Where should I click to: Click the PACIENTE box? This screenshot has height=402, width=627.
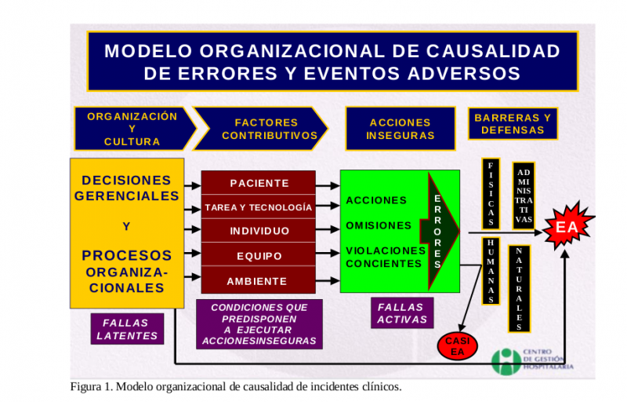pyautogui.click(x=259, y=183)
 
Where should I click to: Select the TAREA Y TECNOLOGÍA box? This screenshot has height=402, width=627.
pyautogui.click(x=259, y=207)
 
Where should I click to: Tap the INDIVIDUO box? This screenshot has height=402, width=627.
pyautogui.click(x=259, y=231)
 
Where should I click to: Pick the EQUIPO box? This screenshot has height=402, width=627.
pyautogui.click(x=259, y=256)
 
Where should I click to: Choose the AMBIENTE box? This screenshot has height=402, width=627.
pyautogui.click(x=259, y=280)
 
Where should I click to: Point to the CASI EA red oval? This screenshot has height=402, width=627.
pyautogui.click(x=456, y=346)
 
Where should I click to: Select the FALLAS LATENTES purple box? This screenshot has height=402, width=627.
pyautogui.click(x=127, y=329)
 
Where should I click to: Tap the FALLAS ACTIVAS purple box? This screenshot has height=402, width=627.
pyautogui.click(x=401, y=313)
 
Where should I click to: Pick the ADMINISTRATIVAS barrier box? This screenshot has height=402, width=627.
pyautogui.click(x=524, y=196)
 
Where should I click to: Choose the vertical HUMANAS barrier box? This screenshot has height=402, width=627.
pyautogui.click(x=491, y=270)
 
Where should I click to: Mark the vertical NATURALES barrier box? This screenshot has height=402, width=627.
pyautogui.click(x=519, y=288)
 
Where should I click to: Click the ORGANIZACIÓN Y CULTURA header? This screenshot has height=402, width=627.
pyautogui.click(x=132, y=128)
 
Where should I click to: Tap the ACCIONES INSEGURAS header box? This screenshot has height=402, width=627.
pyautogui.click(x=400, y=129)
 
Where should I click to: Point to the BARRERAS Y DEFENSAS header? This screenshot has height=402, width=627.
pyautogui.click(x=513, y=123)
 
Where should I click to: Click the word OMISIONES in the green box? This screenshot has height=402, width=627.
pyautogui.click(x=379, y=225)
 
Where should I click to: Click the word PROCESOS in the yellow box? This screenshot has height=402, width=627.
pyautogui.click(x=127, y=255)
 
